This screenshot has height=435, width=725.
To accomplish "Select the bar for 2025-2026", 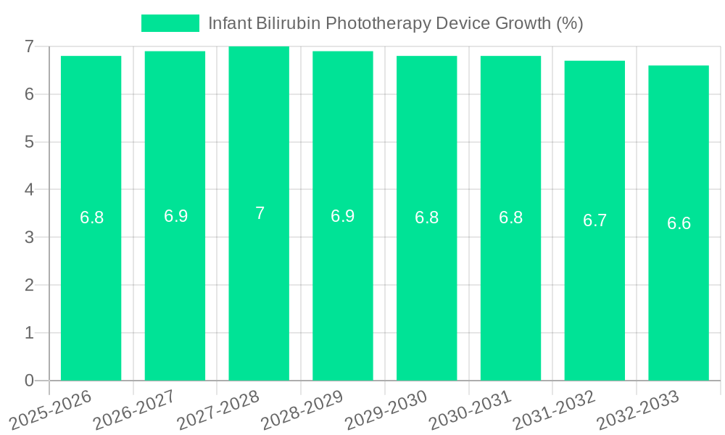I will (91, 217).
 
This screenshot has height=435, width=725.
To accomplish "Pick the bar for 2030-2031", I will (510, 217).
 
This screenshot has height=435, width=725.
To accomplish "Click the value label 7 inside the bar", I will (260, 213).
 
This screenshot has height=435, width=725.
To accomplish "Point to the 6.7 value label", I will (594, 220).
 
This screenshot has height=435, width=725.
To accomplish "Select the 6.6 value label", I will (679, 223).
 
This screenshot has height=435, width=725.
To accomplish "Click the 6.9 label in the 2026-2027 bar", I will (175, 215).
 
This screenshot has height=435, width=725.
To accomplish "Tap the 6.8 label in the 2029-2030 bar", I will (426, 217).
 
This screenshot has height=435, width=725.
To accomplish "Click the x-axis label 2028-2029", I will (302, 410).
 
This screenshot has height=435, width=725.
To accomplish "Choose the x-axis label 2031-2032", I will (554, 410).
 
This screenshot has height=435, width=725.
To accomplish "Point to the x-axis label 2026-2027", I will (135, 410).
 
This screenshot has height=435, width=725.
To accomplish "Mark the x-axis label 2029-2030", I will (386, 410).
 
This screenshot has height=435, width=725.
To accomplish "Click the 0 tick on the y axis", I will (29, 381).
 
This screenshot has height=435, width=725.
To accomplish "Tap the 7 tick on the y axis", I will (29, 46).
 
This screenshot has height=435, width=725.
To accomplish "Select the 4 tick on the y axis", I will (29, 190).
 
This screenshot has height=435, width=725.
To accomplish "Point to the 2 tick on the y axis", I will (29, 285).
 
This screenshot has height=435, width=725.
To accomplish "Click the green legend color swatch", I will (170, 23).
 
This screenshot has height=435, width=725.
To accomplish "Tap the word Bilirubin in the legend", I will (288, 23).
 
